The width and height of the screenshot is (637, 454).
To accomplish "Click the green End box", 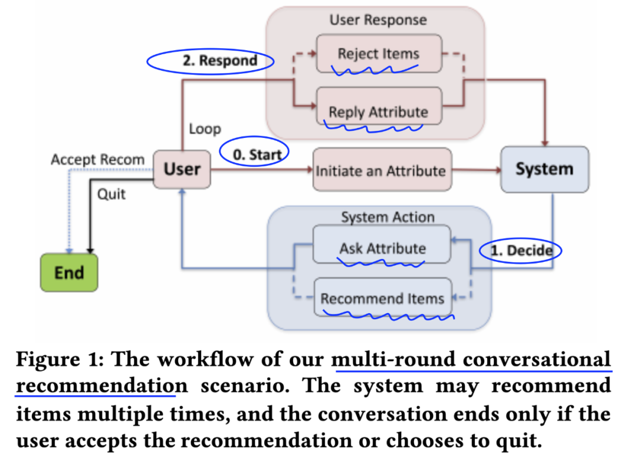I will (69, 272).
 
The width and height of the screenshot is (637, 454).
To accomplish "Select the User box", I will (182, 169).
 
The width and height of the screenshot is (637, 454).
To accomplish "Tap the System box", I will (544, 169).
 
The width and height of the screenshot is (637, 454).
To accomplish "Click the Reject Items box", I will (379, 54).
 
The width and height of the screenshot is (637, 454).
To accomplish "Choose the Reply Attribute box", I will (379, 111).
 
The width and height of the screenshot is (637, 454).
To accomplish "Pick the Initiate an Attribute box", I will (381, 171).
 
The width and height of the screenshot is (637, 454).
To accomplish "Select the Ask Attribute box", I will (382, 248).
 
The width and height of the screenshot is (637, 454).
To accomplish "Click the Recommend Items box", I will (382, 298).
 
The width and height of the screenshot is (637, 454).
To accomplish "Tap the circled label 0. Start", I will (255, 154).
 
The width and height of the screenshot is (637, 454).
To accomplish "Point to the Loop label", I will (205, 129).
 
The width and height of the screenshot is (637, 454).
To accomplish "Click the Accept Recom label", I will (97, 160).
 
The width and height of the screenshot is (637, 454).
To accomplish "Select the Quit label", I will (111, 193).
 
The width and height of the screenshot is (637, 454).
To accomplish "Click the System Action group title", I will (388, 217).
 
